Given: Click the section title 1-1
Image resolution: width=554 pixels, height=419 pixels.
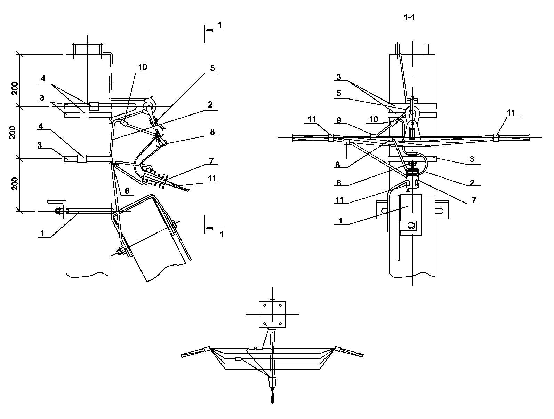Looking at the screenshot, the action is [409, 17].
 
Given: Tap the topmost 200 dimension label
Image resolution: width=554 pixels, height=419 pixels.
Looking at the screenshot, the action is [15, 88].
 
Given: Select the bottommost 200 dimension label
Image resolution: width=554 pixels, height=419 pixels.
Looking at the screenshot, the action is [15, 184].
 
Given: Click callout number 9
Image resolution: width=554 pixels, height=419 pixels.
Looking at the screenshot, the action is [339, 120].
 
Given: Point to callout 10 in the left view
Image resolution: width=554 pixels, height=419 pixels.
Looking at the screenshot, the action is [143, 67].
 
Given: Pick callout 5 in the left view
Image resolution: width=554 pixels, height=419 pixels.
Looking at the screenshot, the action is [212, 68].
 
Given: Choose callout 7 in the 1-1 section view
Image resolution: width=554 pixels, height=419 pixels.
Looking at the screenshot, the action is [474, 200].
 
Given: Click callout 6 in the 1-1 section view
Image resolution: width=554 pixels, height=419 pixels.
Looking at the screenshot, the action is [339, 183].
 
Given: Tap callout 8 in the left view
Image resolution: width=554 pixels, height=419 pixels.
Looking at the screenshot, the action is [212, 132].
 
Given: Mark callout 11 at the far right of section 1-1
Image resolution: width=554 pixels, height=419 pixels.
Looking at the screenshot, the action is [511, 113].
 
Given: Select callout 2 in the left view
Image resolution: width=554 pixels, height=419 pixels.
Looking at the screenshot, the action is [210, 104].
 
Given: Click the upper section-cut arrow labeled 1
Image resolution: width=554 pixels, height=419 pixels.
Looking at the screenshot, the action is [214, 30].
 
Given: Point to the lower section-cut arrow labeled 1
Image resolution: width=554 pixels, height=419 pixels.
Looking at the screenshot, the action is [214, 228].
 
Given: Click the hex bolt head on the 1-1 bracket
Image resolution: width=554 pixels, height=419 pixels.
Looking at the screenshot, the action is [411, 226].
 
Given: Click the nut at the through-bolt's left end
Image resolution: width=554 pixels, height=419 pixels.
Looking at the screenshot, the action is [58, 211].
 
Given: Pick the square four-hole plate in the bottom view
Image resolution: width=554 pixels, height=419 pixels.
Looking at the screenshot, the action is [272, 314].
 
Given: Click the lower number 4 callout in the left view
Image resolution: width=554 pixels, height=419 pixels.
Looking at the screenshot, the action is [41, 126].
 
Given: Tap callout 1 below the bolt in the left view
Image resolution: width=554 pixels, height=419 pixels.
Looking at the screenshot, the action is [42, 233].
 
